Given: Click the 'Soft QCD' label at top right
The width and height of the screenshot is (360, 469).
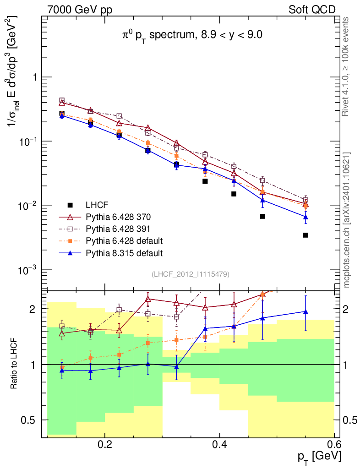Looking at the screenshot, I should click(x=312, y=10).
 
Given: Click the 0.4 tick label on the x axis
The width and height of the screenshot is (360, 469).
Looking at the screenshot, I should click(x=220, y=444).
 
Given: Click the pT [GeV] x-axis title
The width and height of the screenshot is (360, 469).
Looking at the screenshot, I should click(x=318, y=457).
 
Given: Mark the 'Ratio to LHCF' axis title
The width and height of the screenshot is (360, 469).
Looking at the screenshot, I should click(x=15, y=364).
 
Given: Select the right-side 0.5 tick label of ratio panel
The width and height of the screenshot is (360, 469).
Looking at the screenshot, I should click(x=351, y=420).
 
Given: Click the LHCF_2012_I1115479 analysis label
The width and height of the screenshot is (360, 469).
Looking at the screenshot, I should click(x=190, y=274).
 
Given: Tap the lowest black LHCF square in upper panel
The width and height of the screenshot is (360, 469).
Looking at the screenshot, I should click(x=305, y=235).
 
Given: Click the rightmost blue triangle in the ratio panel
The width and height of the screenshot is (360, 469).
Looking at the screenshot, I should click(x=305, y=312).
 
